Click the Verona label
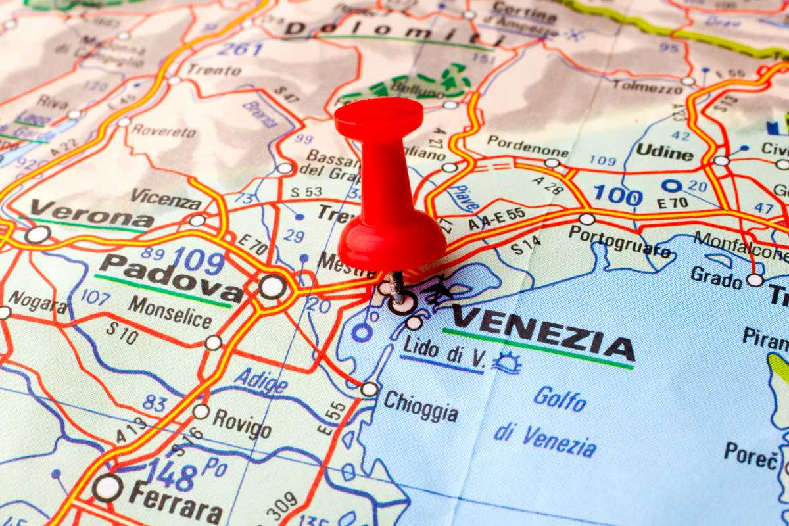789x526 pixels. [x=91, y=214]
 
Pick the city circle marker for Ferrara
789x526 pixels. [x=107, y=487]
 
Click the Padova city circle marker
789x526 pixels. [x=272, y=287]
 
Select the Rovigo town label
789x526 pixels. [x=241, y=423]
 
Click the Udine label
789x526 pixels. [x=664, y=152]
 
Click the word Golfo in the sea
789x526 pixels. [x=560, y=398]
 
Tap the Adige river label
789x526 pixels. [x=260, y=380]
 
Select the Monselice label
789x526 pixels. [x=170, y=312]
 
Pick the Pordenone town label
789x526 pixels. [x=528, y=145]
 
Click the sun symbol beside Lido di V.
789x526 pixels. [x=507, y=362]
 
